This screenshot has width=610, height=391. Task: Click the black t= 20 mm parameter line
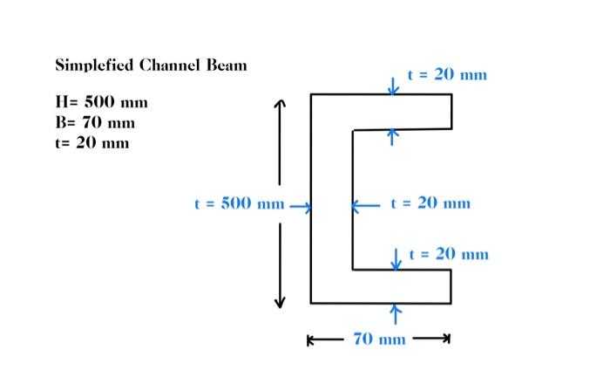tap(91, 142)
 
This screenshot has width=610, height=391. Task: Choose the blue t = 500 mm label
tap(239, 205)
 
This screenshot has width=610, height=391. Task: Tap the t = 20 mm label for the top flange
tap(447, 75)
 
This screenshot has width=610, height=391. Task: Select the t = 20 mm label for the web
tap(430, 203)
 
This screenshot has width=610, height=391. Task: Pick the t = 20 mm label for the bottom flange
tap(449, 254)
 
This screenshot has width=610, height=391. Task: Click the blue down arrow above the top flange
tap(393, 85)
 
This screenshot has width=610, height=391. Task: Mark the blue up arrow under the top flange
tap(393, 137)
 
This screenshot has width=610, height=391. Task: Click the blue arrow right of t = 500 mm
tap(300, 207)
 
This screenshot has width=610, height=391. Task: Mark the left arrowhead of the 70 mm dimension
tap(312, 340)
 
